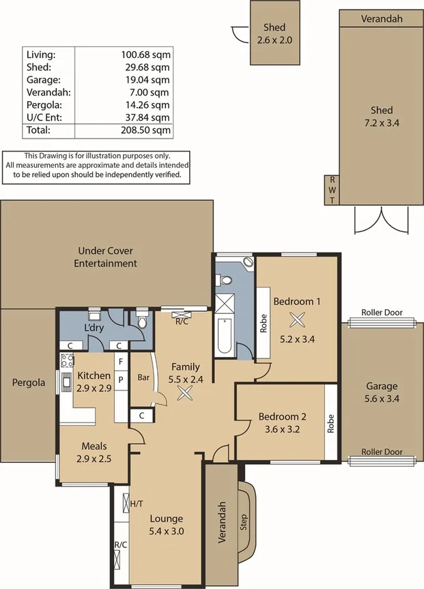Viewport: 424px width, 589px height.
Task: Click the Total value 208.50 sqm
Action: coord(146,130)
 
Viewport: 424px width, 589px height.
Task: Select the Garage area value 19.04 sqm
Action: coord(147,80)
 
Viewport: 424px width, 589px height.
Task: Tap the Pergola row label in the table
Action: coord(44,105)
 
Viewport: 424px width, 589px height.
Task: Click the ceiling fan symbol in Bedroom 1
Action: coord(297,320)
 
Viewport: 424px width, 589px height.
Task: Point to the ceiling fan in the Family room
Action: coord(185,393)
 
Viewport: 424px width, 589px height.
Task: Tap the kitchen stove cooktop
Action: coord(68,360)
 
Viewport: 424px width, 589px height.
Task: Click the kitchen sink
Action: coord(67,382)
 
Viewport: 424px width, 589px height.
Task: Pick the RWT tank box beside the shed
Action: coord(332,190)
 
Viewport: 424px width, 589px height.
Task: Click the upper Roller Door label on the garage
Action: coord(382,313)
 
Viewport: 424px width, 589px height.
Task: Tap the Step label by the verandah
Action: coord(244,522)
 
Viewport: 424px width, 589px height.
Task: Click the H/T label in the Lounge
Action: coord(137,504)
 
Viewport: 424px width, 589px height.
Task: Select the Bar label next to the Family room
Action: coord(143,377)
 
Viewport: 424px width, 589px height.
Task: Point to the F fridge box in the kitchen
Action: coord(121,362)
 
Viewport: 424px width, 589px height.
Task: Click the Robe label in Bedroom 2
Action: coord(330,423)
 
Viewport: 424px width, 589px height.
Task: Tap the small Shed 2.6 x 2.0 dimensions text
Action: coord(274,40)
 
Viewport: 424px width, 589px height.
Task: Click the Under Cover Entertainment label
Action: coord(105,257)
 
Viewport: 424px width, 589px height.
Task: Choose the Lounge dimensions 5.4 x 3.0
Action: coord(167,531)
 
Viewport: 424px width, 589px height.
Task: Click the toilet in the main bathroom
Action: coord(226,279)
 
